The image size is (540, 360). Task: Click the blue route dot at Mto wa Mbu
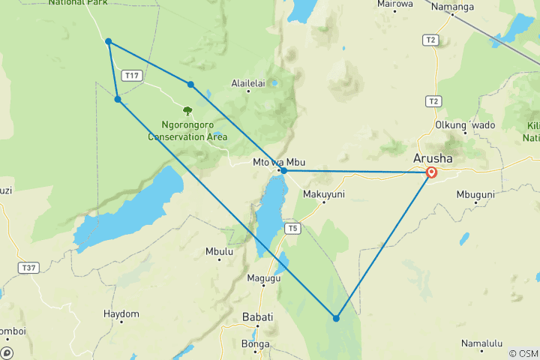coord(283,171)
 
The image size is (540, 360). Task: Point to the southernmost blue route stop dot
coord(336,319)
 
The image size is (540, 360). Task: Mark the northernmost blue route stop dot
coord(109,41)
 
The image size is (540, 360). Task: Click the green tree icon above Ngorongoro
coord(187,111)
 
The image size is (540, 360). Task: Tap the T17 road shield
coord(133,75)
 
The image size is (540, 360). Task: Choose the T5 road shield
coord(293,228)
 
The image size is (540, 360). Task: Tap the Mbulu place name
coord(219,252)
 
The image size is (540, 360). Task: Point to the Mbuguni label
coord(475,194)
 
